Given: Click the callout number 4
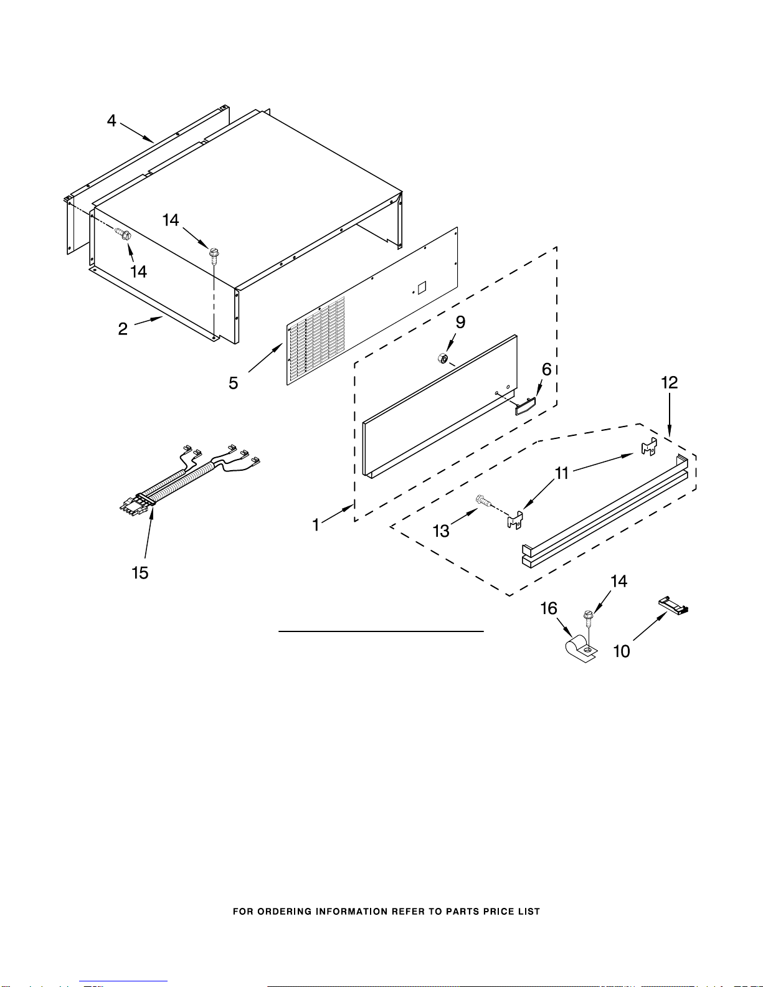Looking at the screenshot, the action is [111, 121].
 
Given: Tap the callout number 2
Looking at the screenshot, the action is [123, 329].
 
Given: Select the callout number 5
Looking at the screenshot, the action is [234, 383].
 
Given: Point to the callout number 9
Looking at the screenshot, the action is [460, 322].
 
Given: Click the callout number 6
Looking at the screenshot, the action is [547, 369].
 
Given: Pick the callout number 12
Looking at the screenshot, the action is [670, 382].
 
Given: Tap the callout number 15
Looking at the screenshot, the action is [140, 573].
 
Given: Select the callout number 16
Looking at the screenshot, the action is [549, 608].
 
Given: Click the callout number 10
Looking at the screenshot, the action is [622, 651].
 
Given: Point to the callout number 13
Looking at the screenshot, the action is [441, 531].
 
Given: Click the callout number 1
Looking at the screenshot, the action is [316, 525].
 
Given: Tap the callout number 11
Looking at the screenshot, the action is [562, 473].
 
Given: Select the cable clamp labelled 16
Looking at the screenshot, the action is [581, 650].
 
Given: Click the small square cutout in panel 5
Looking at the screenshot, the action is [422, 288].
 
